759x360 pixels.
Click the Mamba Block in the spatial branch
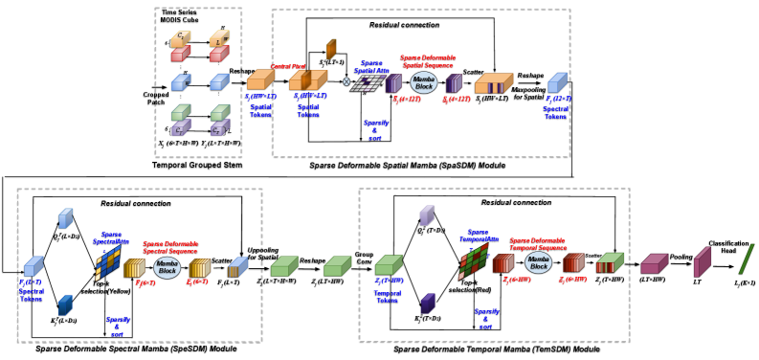(424, 82)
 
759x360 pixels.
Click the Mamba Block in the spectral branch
(167, 268)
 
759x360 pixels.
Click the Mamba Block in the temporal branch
(538, 262)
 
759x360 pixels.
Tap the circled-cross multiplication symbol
(346, 81)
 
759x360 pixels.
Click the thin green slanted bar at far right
(747, 259)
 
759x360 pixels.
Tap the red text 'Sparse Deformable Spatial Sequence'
(427, 60)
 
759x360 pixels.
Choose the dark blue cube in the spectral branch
(65, 304)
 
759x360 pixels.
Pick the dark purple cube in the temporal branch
(427, 303)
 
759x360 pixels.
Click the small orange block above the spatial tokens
(331, 48)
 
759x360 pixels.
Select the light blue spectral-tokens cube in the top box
(557, 82)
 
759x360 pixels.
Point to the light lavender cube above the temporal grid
(427, 214)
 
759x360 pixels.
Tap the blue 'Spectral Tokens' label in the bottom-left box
(32, 291)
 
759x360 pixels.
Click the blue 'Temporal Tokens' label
(388, 295)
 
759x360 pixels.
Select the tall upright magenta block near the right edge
(702, 261)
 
